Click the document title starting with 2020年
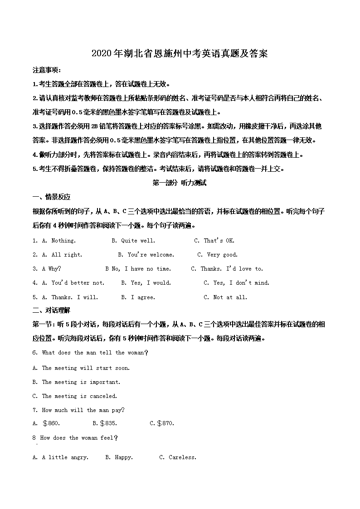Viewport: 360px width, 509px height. pyautogui.click(x=180, y=53)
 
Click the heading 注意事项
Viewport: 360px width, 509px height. pyautogui.click(x=47, y=70)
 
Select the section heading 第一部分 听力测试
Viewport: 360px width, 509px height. pyautogui.click(x=180, y=183)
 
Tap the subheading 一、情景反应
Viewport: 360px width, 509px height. pyautogui.click(x=51, y=197)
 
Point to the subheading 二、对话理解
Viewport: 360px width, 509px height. pyautogui.click(x=51, y=310)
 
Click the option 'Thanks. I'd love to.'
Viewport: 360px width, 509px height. pyautogui.click(x=232, y=269)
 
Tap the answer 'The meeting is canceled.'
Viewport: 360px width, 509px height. pyautogui.click(x=79, y=396)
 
